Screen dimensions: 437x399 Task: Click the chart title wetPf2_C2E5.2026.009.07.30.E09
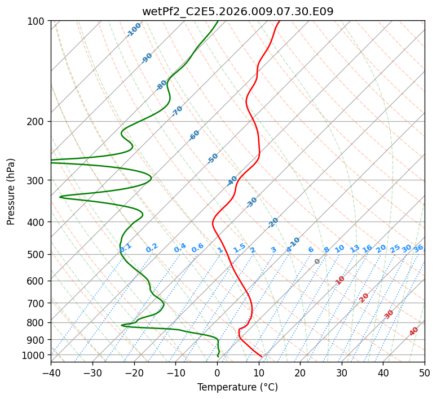pyautogui.click(x=238, y=11)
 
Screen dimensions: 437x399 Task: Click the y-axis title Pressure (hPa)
pyautogui.click(x=11, y=192)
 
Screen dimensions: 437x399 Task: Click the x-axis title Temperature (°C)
pyautogui.click(x=238, y=387)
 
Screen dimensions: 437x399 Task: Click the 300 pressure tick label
pyautogui.click(x=37, y=180)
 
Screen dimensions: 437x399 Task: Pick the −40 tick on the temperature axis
pyautogui.click(x=51, y=373)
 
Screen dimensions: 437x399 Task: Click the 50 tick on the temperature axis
pyautogui.click(x=425, y=373)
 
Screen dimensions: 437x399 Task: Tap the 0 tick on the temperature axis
pyautogui.click(x=217, y=373)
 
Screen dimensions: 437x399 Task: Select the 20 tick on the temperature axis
pyautogui.click(x=300, y=373)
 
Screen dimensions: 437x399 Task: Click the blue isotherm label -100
pyautogui.click(x=134, y=30)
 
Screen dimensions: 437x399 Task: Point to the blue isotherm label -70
pyautogui.click(x=177, y=111)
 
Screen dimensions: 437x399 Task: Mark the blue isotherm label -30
pyautogui.click(x=251, y=202)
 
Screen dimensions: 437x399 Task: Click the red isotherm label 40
pyautogui.click(x=413, y=331)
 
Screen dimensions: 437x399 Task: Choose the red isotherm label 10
pyautogui.click(x=340, y=280)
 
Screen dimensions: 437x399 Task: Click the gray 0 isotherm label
pyautogui.click(x=317, y=261)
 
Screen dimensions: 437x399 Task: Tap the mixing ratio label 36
pyautogui.click(x=418, y=249)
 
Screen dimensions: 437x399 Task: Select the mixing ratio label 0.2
pyautogui.click(x=152, y=248)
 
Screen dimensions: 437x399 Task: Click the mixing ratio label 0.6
pyautogui.click(x=197, y=248)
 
